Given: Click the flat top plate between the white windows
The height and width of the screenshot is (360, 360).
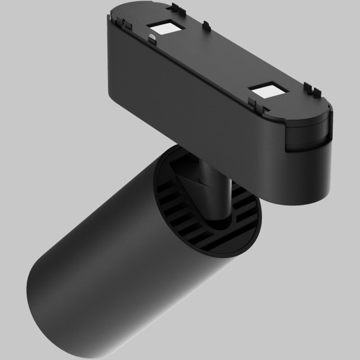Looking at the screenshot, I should (211, 59).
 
